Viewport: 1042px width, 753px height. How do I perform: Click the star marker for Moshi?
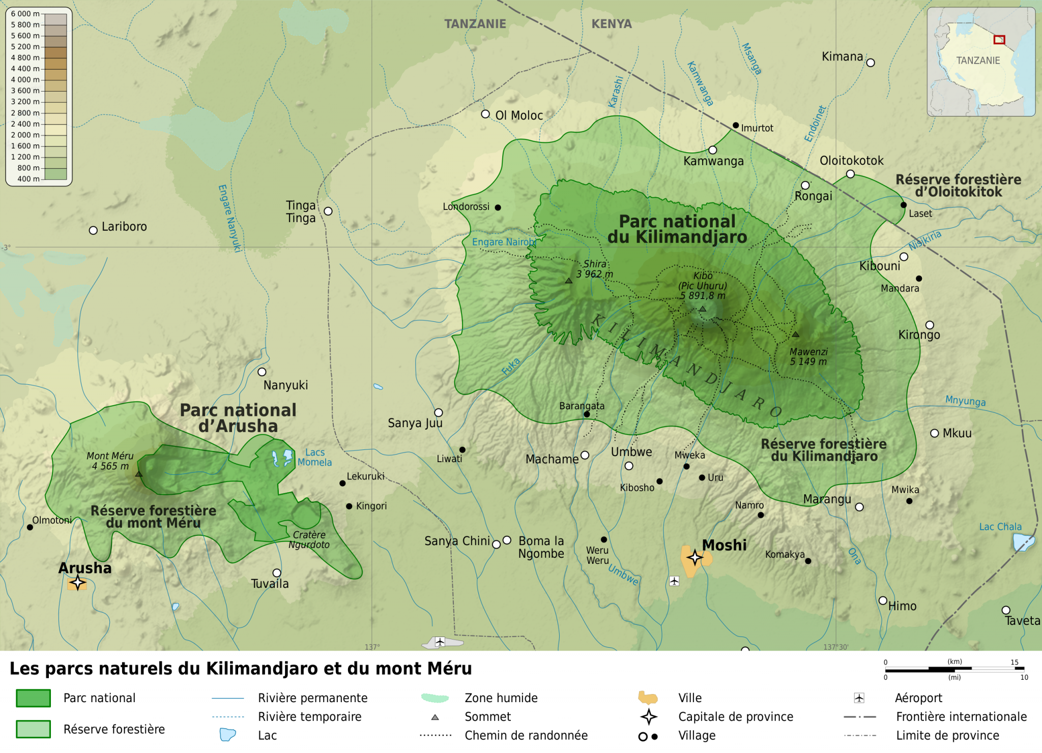695,558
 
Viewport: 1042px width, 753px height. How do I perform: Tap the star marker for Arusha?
77,582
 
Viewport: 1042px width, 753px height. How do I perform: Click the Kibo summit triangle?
703,309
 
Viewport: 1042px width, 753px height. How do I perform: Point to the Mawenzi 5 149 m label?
808,357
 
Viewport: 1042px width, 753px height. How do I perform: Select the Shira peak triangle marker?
569,281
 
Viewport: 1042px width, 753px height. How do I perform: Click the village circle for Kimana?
871,63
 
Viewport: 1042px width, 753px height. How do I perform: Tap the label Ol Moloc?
519,116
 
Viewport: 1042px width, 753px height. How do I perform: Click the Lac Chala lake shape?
1023,543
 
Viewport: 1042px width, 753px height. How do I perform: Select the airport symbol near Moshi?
674,581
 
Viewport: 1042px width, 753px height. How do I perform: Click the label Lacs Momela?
314,458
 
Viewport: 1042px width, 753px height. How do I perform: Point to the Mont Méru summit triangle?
139,474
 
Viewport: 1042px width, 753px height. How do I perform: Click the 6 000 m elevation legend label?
24,14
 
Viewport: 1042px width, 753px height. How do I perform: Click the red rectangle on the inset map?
999,40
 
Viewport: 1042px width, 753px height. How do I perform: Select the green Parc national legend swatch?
33,698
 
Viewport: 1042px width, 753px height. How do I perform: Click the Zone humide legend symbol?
435,698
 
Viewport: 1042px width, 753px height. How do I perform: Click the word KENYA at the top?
612,24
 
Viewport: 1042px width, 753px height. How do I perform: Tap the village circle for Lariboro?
93,230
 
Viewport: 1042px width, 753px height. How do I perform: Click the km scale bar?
954,669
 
